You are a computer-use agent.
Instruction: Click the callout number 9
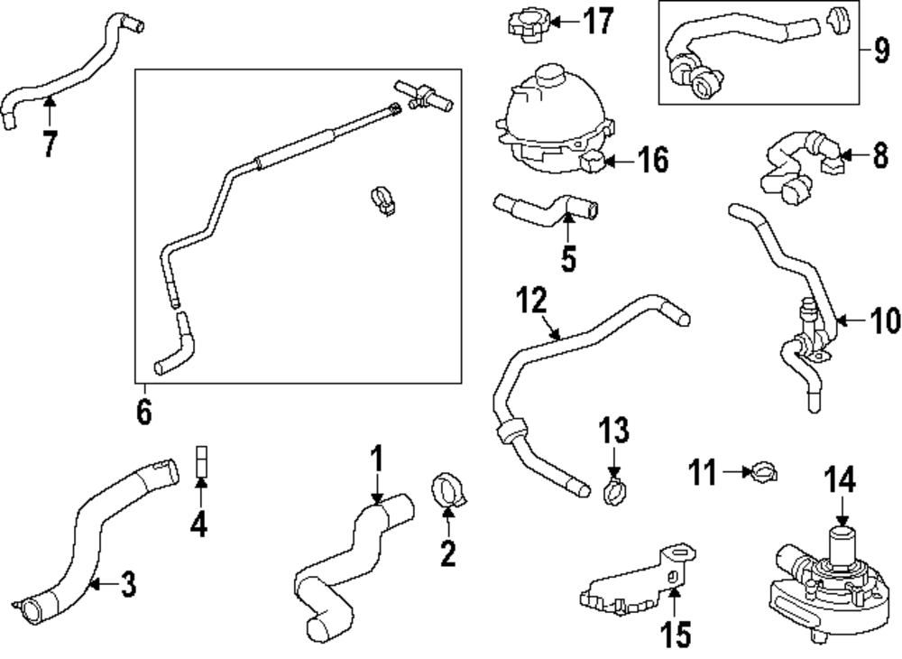pyautogui.click(x=881, y=49)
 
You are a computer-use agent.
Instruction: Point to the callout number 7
pyautogui.click(x=50, y=143)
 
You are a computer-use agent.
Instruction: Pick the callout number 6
pyautogui.click(x=143, y=412)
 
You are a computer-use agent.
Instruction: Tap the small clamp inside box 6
pyautogui.click(x=382, y=200)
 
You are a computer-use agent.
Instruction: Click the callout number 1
pyautogui.click(x=377, y=459)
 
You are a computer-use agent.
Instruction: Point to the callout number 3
pyautogui.click(x=127, y=585)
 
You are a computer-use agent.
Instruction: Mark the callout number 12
pyautogui.click(x=532, y=300)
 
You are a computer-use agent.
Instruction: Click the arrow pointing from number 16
pyautogui.click(x=615, y=162)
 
